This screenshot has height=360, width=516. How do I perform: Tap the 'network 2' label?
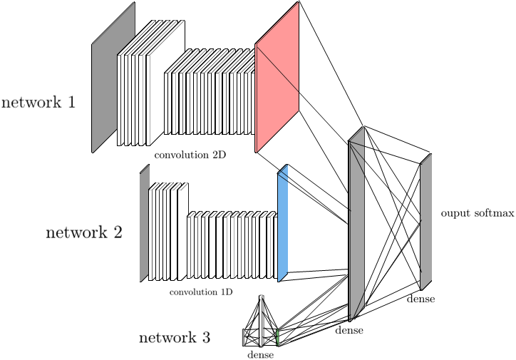coord(84,232)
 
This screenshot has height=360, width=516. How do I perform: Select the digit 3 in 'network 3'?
coord(205,337)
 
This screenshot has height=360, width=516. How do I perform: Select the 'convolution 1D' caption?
coord(200,292)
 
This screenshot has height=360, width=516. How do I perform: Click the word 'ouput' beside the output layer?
coord(453,213)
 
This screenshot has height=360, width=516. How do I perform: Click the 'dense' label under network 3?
coord(260,354)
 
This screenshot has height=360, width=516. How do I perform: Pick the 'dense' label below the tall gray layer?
coord(349,330)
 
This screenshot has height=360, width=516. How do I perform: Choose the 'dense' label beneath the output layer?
coord(420,299)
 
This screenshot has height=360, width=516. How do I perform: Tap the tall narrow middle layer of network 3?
coord(262,321)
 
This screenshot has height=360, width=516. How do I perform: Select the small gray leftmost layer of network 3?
coord(246,336)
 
